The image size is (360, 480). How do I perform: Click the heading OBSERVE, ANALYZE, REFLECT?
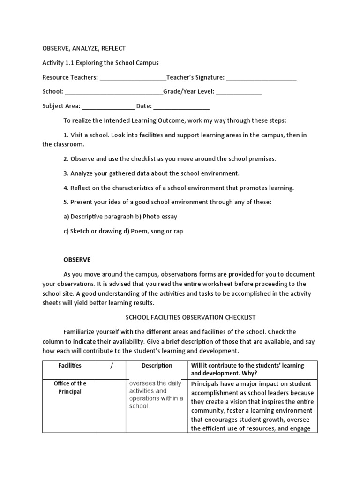pyautogui.click(x=84, y=48)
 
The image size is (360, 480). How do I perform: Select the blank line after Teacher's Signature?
pyautogui.click(x=261, y=78)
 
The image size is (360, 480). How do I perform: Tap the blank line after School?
pyautogui.click(x=113, y=93)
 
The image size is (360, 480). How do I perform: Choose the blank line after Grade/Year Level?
pyautogui.click(x=239, y=93)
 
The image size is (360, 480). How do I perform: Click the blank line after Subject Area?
pyautogui.click(x=108, y=107)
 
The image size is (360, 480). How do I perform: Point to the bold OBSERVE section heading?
pyautogui.click(x=77, y=259)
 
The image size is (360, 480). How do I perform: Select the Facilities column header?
pyautogui.click(x=69, y=366)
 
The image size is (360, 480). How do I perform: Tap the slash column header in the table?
pyautogui.click(x=112, y=366)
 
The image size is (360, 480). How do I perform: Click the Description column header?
pyautogui.click(x=157, y=366)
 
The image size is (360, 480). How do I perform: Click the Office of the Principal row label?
pyautogui.click(x=69, y=388)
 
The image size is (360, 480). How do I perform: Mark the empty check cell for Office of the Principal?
pyautogui.click(x=112, y=405)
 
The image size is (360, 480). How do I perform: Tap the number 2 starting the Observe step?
pyautogui.click(x=66, y=159)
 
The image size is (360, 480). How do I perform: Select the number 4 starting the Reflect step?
pyautogui.click(x=66, y=188)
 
